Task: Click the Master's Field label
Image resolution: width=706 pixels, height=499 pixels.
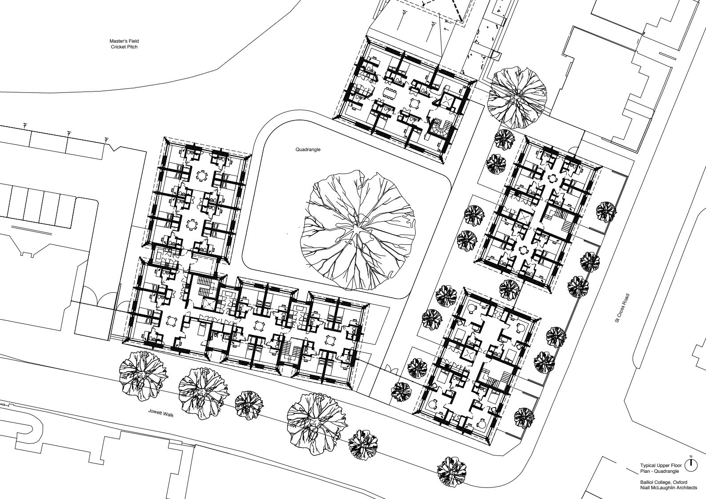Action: click(x=124, y=41)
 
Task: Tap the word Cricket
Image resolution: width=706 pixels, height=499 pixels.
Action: click(x=117, y=47)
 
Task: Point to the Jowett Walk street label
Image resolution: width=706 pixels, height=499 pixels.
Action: click(x=161, y=413)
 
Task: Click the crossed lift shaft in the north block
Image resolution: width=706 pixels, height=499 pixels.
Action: click(x=448, y=101)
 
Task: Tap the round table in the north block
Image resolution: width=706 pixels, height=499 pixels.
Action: click(x=413, y=103)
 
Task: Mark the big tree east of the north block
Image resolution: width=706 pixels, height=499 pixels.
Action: click(x=517, y=95)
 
